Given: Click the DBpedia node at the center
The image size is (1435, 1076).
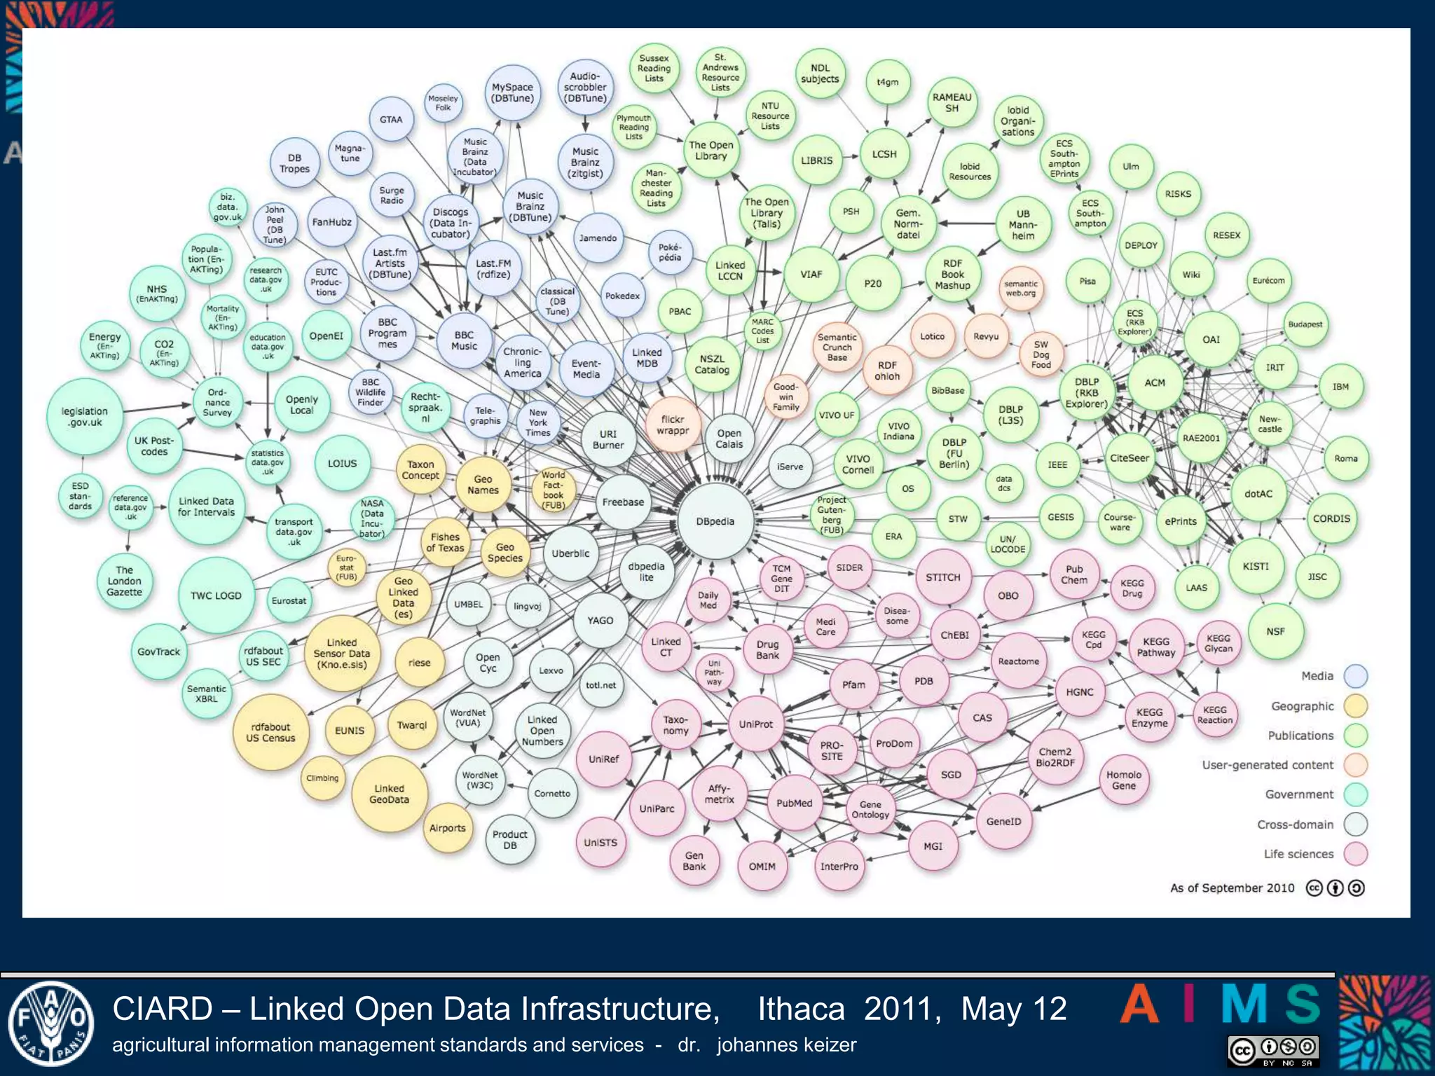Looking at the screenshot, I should click(x=715, y=521).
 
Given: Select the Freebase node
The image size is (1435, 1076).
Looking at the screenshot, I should click(x=623, y=502).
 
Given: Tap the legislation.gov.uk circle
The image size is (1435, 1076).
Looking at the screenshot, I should click(x=85, y=417).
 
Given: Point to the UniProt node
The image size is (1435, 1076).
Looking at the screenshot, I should click(x=756, y=724).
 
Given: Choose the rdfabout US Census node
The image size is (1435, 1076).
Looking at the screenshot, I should click(x=270, y=733).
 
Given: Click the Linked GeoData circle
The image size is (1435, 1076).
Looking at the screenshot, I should click(x=389, y=794).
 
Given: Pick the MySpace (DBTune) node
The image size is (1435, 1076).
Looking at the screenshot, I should click(x=512, y=92).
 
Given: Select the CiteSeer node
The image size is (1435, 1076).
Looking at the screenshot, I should click(x=1130, y=458).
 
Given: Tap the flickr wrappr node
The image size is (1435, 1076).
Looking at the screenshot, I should click(x=673, y=425).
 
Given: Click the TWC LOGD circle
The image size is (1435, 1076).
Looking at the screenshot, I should click(x=216, y=595).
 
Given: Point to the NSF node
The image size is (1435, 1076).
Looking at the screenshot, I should click(x=1275, y=631).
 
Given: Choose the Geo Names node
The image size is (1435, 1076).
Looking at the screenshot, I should click(x=483, y=485).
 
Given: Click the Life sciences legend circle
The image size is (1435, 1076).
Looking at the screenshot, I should click(x=1356, y=854).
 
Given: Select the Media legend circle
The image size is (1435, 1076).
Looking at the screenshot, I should click(x=1356, y=676).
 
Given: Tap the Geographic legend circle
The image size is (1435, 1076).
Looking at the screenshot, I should click(x=1356, y=706).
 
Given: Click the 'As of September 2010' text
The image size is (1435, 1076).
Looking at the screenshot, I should click(x=1232, y=888).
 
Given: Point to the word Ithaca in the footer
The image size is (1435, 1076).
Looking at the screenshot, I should click(x=801, y=1009).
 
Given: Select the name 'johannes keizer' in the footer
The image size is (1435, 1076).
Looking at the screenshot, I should click(x=786, y=1045).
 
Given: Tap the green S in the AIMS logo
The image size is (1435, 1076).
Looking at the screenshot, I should click(x=1303, y=1004).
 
